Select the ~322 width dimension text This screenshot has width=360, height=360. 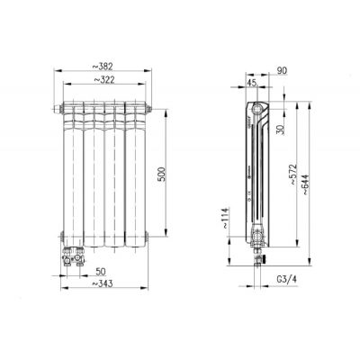[x=104, y=80]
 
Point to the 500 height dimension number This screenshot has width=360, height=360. [x=162, y=174]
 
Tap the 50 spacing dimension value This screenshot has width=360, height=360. [x=101, y=272]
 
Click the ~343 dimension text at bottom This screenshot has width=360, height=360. [x=102, y=283]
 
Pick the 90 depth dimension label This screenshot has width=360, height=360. [x=282, y=70]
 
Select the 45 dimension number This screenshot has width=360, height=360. [x=252, y=83]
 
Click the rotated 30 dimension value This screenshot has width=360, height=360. [x=280, y=130]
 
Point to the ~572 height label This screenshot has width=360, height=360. [x=292, y=175]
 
